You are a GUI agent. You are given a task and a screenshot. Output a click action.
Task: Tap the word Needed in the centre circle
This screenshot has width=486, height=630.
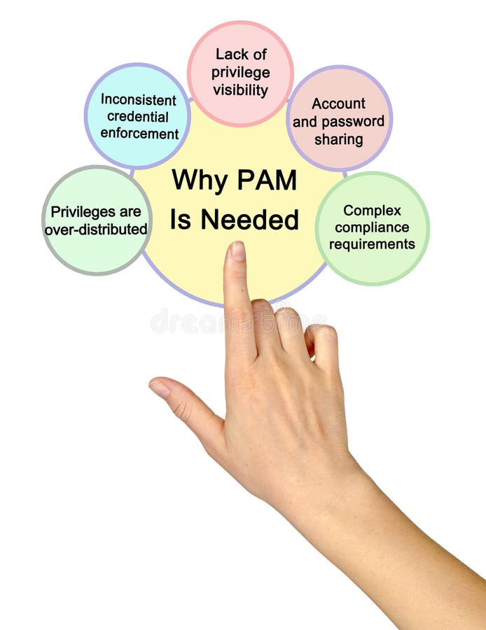click(250, 220)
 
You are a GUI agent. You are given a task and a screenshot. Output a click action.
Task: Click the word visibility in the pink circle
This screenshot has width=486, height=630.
click(240, 90)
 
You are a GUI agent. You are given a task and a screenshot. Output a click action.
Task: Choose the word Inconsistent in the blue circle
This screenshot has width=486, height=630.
click(138, 99)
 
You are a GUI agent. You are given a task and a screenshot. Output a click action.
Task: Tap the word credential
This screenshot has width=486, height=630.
click(138, 116)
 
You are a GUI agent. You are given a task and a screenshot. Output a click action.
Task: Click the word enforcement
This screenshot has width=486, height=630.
click(139, 134)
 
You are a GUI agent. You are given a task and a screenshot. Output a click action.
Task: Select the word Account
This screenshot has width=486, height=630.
click(338, 104)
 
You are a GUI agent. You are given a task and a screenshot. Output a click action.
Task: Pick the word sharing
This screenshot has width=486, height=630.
click(339, 139)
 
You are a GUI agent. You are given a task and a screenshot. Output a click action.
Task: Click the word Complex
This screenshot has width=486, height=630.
click(372, 210)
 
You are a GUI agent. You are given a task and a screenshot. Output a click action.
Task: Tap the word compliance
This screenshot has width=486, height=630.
click(372, 227)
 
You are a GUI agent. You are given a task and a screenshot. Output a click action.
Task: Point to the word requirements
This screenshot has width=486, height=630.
click(372, 244)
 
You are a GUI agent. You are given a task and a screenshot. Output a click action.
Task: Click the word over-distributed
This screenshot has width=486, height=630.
click(96, 229)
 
